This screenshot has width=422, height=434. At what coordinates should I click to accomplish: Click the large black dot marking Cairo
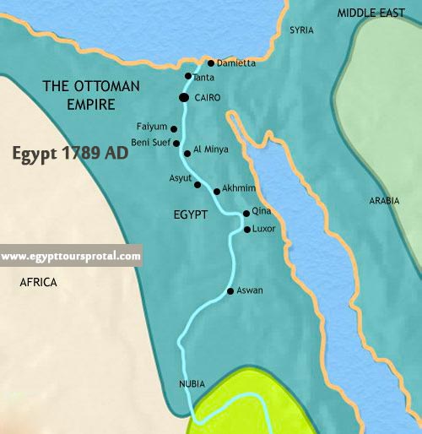pos(184,98)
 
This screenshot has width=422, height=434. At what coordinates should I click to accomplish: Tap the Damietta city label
pos(237,63)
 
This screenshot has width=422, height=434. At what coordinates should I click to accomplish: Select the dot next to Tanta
pos(188,76)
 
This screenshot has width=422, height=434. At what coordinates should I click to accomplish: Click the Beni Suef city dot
pos(176,143)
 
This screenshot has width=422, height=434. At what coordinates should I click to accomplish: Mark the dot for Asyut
pos(197,184)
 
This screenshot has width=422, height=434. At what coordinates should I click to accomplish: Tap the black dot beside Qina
pos(246,214)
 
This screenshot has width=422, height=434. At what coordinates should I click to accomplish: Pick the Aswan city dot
pos(230,292)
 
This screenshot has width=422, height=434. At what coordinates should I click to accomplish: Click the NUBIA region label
pos(192,384)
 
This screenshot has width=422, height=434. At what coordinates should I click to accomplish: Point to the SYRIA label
pos(301,30)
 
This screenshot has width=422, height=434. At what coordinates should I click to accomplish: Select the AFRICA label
pos(38,283)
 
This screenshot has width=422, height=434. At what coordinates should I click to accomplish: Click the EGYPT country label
pos(188,215)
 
